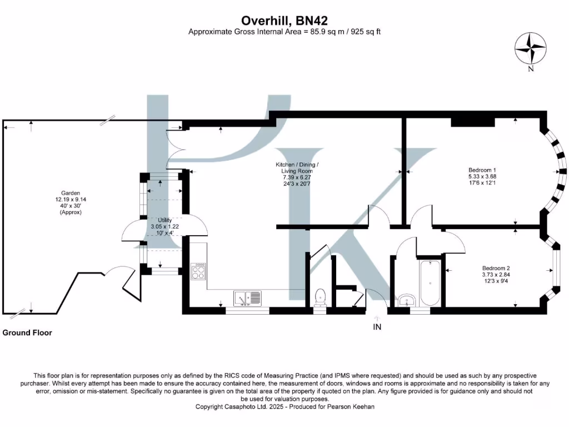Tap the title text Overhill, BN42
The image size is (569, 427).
click(284, 21)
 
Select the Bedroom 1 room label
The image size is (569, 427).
click(482, 170)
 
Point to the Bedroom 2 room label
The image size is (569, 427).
click(496, 269)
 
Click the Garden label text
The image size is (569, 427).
click(71, 193)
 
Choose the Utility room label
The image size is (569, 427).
click(164, 220)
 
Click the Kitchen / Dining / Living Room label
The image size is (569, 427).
click(297, 168)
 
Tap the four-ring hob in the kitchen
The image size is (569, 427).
click(198, 271)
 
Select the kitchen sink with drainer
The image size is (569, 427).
click(247, 298)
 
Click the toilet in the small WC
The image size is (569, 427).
click(320, 297)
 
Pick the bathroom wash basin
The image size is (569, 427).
click(407, 301)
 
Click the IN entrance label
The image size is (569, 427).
click(377, 327)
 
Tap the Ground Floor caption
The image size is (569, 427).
click(27, 332)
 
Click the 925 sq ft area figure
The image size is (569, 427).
click(366, 32)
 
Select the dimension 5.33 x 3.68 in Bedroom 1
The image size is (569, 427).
click(482, 176)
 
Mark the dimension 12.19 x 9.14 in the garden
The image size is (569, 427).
click(71, 200)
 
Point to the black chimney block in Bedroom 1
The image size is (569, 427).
click(473, 122)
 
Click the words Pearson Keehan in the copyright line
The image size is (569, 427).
click(351, 406)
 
